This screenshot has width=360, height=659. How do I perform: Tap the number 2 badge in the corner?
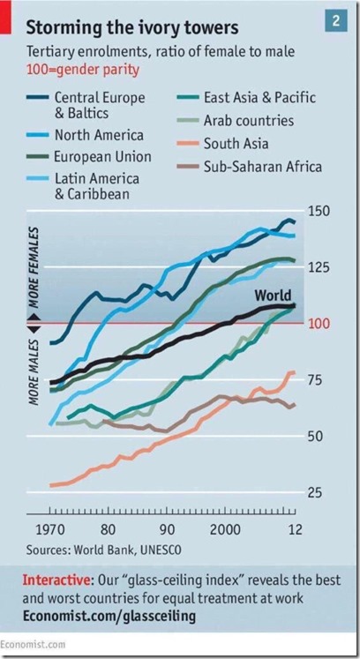(x=336, y=19)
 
